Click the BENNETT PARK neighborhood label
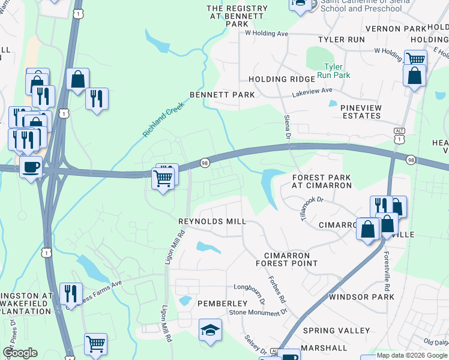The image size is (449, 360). (222, 95)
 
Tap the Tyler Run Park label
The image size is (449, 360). (337, 71)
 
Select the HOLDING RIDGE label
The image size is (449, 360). (282, 79)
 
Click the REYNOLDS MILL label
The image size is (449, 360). (212, 221)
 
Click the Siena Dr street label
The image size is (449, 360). (287, 127)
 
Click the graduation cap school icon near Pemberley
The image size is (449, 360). (210, 330)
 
